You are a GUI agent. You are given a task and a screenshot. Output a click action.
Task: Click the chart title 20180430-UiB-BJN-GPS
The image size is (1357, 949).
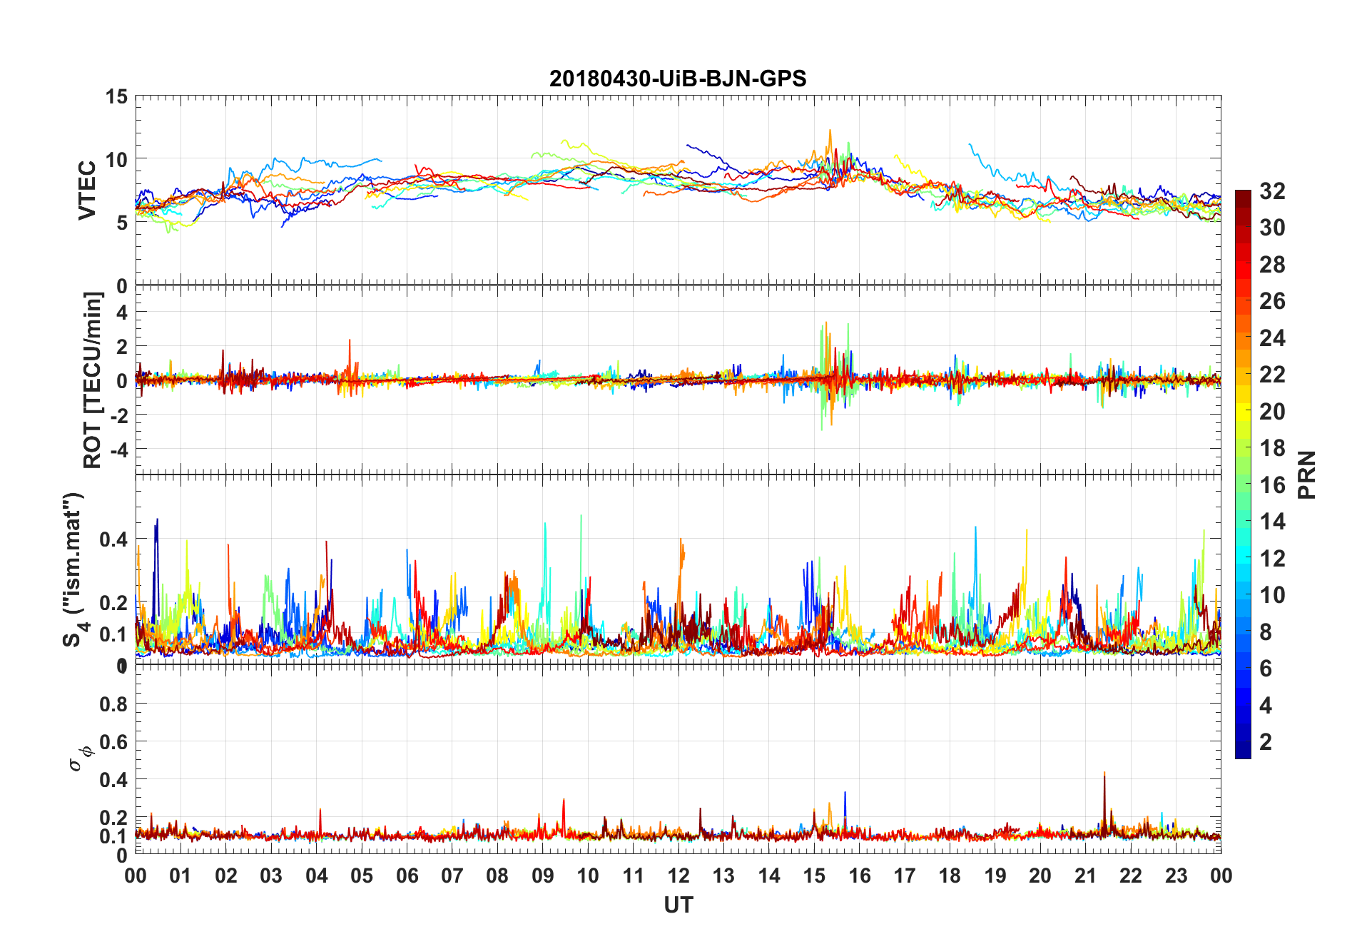[678, 78]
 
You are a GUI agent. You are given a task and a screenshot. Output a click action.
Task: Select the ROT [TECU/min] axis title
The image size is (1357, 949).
[93, 380]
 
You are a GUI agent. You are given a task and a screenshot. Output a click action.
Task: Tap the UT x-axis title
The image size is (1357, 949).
[678, 905]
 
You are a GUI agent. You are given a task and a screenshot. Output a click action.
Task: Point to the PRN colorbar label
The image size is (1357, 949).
[1307, 474]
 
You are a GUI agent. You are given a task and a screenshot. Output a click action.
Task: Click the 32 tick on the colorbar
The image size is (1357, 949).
[1272, 191]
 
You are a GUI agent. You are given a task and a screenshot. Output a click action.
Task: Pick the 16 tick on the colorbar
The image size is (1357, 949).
[1272, 485]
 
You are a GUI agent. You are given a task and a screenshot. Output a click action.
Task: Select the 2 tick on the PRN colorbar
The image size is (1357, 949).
[1266, 742]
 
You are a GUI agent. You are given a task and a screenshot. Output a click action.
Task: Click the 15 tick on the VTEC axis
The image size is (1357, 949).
[117, 96]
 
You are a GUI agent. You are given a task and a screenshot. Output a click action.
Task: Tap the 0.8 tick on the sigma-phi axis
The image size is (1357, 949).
[113, 704]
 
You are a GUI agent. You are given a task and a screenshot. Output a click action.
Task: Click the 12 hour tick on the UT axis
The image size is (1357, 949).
[678, 876]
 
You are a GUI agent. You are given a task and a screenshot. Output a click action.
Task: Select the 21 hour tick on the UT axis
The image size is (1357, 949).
[1085, 876]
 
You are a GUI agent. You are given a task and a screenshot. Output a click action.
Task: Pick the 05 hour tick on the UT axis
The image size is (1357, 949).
[362, 876]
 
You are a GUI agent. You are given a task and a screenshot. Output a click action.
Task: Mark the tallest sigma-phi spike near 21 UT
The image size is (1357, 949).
[1104, 773]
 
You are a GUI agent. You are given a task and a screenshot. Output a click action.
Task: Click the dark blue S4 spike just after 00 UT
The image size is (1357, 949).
[157, 521]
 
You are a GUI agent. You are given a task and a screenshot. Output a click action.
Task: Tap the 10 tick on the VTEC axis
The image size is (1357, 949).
[117, 159]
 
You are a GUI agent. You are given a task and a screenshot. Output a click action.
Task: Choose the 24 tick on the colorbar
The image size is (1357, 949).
[1272, 338]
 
